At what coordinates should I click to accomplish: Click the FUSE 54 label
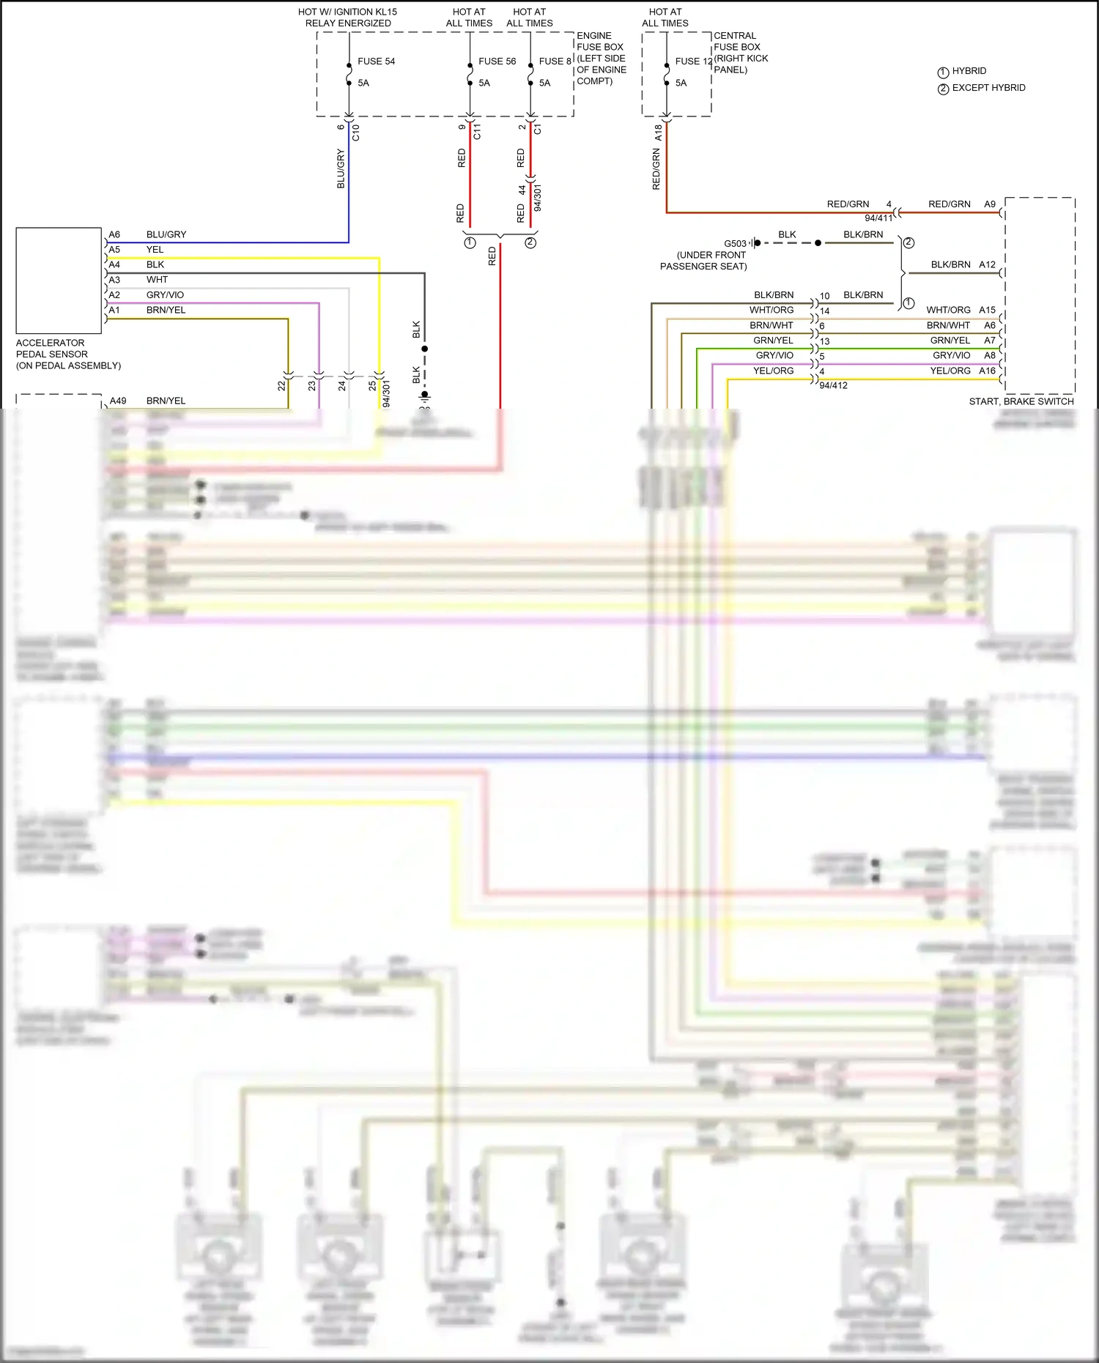pos(376,62)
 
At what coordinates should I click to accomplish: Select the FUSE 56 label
pos(497,62)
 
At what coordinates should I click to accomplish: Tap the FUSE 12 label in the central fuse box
pos(693,62)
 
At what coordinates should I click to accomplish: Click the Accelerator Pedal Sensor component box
pos(59,281)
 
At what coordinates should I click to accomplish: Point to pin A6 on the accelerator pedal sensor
pos(114,234)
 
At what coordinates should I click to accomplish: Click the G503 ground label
pos(735,244)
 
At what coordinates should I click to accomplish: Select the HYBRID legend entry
pos(969,71)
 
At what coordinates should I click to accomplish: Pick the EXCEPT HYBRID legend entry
pos(988,88)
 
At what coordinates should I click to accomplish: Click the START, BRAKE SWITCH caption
pos(1021,401)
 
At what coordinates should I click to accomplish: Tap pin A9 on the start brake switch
pos(989,204)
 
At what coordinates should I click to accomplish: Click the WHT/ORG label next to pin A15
pos(947,310)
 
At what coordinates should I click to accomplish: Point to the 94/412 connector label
pos(833,385)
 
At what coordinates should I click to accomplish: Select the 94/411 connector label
pos(878,218)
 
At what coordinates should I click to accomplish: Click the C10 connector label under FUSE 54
pos(356,133)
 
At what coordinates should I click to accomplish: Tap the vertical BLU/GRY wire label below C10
pos(341,168)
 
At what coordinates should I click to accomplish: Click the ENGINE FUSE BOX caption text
pos(601,41)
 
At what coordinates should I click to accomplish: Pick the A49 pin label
pos(118,401)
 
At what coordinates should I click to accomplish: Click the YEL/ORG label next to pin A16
pos(950,371)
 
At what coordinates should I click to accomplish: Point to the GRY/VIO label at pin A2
pos(165,295)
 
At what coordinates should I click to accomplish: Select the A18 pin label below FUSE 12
pos(658,133)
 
